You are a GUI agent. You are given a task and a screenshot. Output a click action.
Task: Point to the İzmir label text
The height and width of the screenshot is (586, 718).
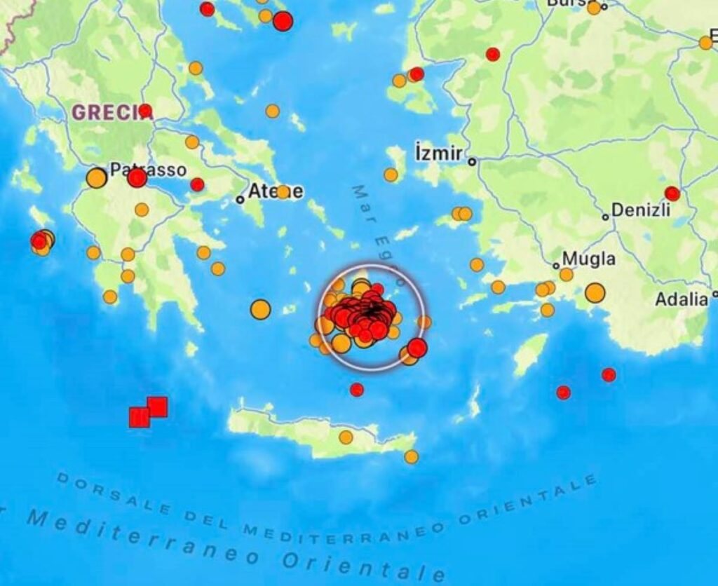(439, 153)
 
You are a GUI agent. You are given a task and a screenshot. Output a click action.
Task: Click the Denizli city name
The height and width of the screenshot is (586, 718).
(641, 210)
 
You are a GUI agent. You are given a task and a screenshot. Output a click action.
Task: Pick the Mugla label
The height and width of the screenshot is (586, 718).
(589, 259)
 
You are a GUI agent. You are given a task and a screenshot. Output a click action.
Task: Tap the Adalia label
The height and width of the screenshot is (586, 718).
(682, 299)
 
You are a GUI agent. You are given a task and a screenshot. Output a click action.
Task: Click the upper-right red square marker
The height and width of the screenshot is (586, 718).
(157, 407)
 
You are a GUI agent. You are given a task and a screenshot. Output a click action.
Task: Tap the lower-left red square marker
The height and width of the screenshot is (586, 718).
(140, 418)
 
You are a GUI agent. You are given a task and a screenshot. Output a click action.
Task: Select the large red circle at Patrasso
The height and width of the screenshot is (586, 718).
(137, 178)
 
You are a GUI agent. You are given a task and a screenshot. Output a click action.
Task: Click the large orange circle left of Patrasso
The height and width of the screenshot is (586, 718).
(97, 178)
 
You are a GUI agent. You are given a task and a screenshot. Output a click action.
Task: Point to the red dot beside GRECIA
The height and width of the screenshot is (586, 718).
(145, 111)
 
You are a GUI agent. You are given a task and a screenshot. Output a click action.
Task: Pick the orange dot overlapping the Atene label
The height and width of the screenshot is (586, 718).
(283, 191)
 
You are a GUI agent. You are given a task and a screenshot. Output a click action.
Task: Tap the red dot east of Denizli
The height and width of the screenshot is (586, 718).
(672, 193)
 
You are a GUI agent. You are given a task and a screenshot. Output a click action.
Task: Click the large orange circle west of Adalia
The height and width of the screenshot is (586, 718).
(595, 292)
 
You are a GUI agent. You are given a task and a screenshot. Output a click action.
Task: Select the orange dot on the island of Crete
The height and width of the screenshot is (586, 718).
(346, 437)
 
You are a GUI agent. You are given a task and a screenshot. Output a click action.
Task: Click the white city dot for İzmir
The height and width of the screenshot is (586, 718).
(473, 161)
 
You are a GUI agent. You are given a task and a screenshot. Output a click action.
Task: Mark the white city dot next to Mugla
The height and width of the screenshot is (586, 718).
(556, 266)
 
